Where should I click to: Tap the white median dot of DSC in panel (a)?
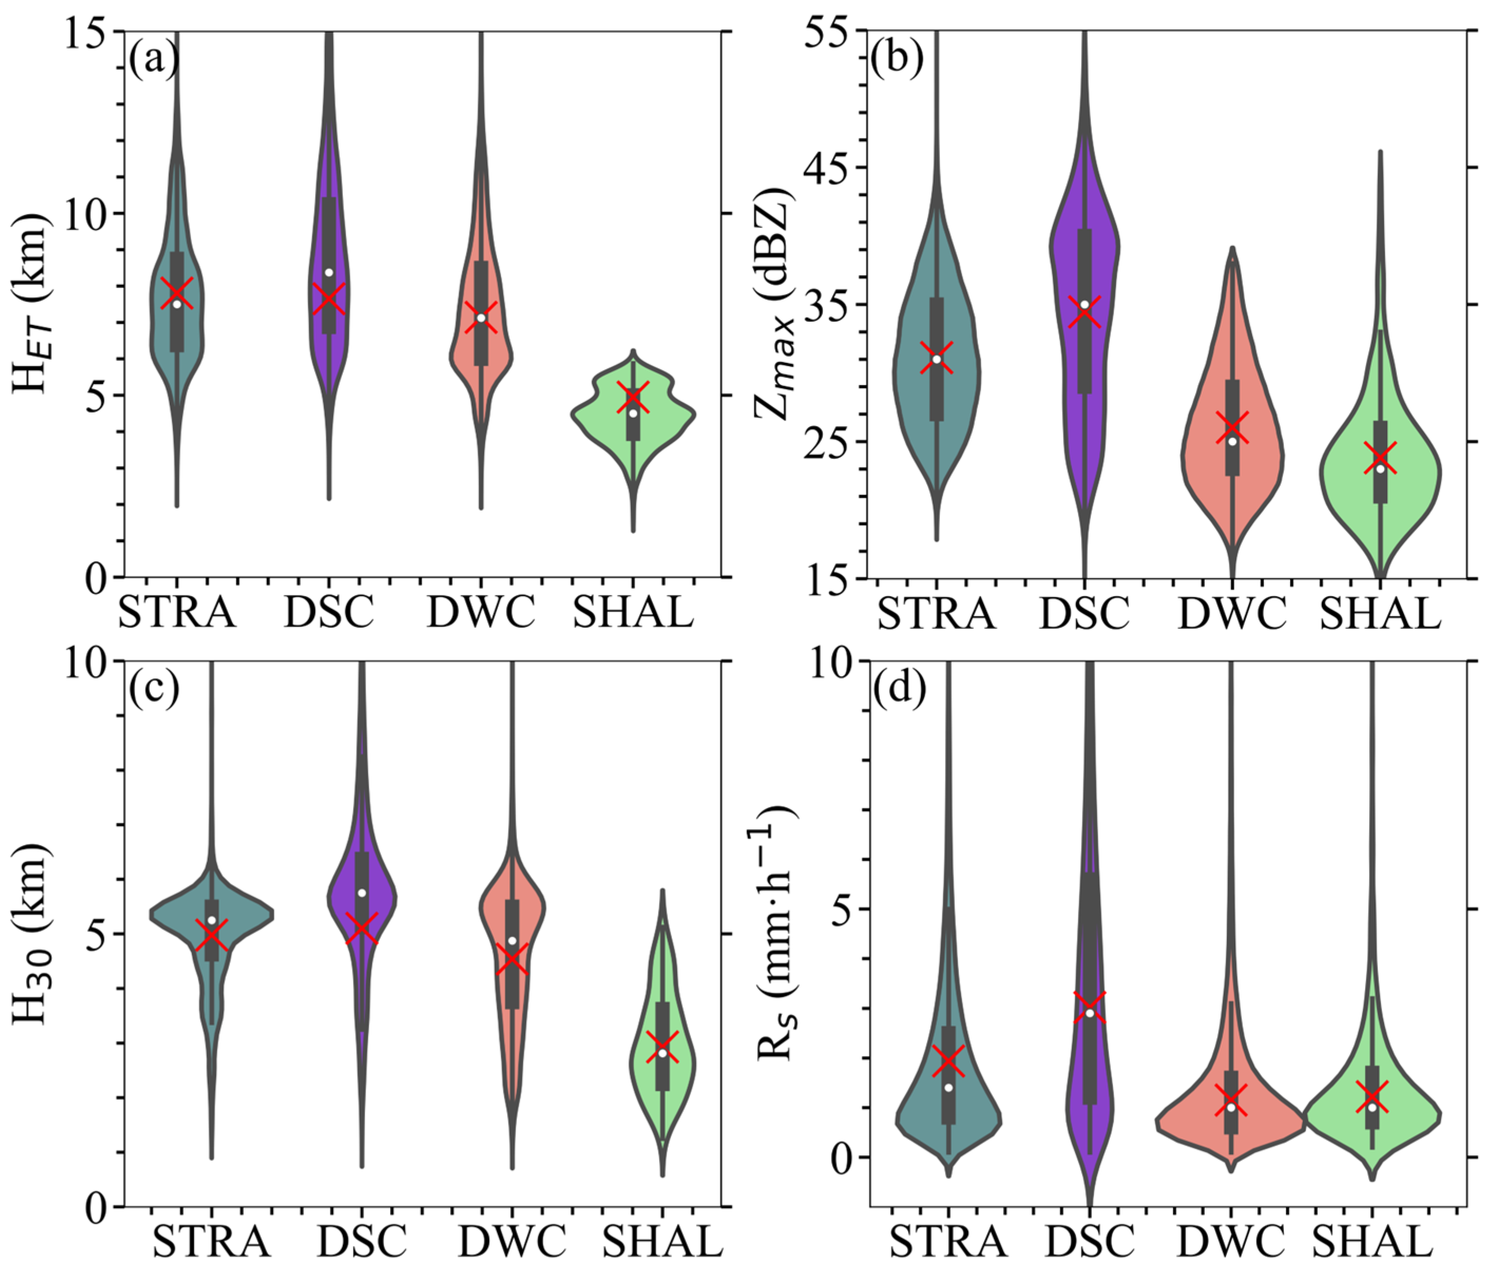329,273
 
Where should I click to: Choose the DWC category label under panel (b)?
1232,613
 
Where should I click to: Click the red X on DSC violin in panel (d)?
1090,1007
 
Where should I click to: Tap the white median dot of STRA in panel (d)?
949,1087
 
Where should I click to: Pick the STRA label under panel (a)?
177,613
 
